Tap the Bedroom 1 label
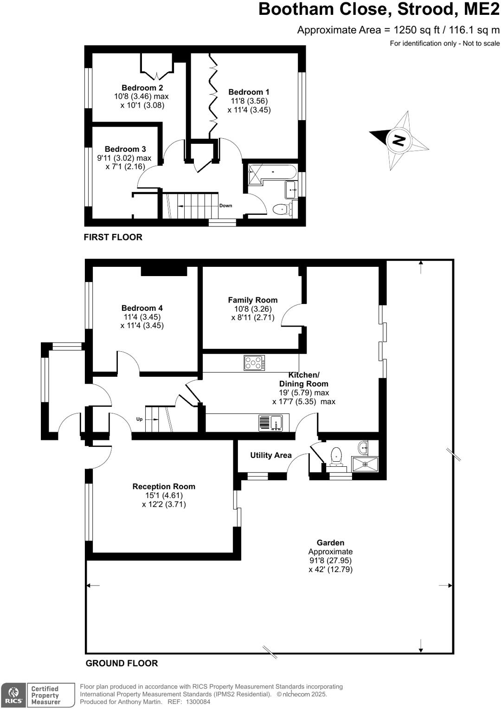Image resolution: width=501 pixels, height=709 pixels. pyautogui.click(x=249, y=92)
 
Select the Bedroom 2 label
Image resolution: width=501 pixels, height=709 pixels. pyautogui.click(x=142, y=88)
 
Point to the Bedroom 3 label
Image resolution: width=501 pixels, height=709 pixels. pyautogui.click(x=125, y=149)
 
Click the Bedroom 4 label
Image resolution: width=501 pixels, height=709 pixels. pyautogui.click(x=142, y=308)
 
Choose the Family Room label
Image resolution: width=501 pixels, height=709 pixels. pyautogui.click(x=252, y=300)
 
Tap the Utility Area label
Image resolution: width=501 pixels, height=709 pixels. pyautogui.click(x=271, y=455)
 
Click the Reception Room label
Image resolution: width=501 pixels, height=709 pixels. pyautogui.click(x=164, y=486)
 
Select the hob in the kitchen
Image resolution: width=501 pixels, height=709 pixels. pyautogui.click(x=254, y=363)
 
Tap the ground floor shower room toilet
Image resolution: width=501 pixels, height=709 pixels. pyautogui.click(x=335, y=456)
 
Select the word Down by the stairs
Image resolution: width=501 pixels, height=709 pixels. pyautogui.click(x=225, y=206)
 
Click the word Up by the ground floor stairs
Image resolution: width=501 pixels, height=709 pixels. pyautogui.click(x=139, y=419)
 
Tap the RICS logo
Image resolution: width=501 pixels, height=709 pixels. pyautogui.click(x=13, y=695)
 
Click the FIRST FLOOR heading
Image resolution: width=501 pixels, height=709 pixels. pyautogui.click(x=113, y=237)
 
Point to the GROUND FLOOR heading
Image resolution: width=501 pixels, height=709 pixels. pyautogui.click(x=122, y=664)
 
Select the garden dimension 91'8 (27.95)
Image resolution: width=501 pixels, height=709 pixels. pyautogui.click(x=330, y=561)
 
